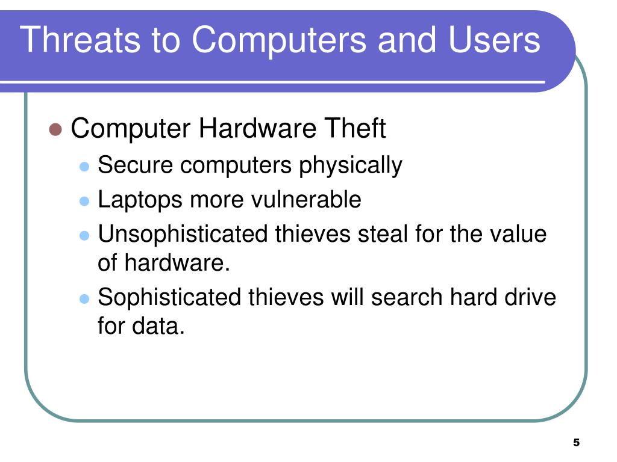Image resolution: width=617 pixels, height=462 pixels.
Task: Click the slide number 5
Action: click(576, 443)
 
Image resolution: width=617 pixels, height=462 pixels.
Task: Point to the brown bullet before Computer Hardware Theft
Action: click(55, 130)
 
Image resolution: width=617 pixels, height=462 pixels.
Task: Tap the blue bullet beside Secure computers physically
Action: click(85, 165)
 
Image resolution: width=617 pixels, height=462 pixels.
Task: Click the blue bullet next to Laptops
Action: click(85, 200)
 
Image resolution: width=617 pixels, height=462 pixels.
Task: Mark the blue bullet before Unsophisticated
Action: click(85, 235)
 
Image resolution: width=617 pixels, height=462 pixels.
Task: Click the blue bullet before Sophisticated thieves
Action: click(85, 299)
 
